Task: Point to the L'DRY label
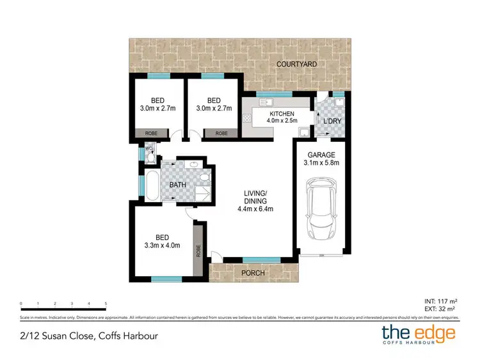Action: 332,121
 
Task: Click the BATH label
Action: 177,185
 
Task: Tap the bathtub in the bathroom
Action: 152,185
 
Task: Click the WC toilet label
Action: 147,149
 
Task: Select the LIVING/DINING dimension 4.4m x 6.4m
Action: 256,208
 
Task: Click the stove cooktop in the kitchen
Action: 246,118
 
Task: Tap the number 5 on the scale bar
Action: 106,303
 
